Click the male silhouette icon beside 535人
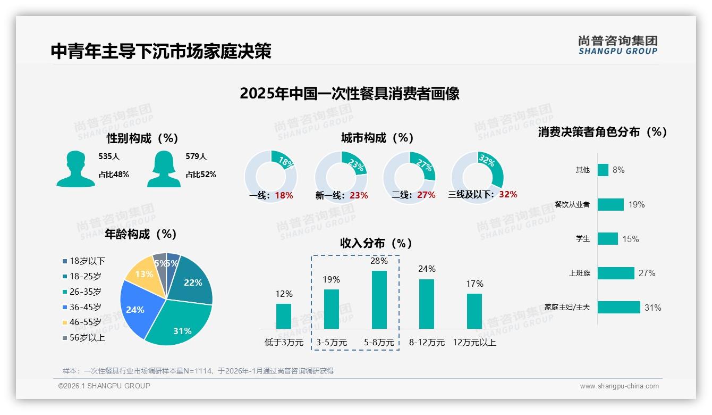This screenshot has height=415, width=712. pyautogui.click(x=75, y=169)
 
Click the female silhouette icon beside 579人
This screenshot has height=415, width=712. pyautogui.click(x=164, y=169)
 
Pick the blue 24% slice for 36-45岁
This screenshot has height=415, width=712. pyautogui.click(x=135, y=309)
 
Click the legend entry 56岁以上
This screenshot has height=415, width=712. pyautogui.click(x=87, y=337)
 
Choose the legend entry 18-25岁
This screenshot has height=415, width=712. pyautogui.click(x=85, y=276)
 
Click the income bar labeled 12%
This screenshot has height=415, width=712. pyautogui.click(x=284, y=316)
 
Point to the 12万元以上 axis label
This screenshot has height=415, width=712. pyautogui.click(x=474, y=342)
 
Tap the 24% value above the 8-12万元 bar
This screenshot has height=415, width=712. pyautogui.click(x=426, y=269)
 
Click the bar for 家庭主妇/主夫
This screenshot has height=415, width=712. pyautogui.click(x=618, y=308)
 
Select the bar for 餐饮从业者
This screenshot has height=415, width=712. pyautogui.click(x=610, y=204)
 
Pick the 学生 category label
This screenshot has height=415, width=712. pyautogui.click(x=582, y=239)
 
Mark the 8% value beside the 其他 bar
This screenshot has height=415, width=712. pyautogui.click(x=618, y=170)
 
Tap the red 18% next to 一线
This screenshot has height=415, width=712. pyautogui.click(x=284, y=195)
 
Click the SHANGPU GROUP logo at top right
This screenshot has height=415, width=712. pyautogui.click(x=617, y=45)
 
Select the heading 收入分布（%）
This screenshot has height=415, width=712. pyautogui.click(x=376, y=243)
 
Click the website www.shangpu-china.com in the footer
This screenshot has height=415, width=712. pyautogui.click(x=619, y=386)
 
